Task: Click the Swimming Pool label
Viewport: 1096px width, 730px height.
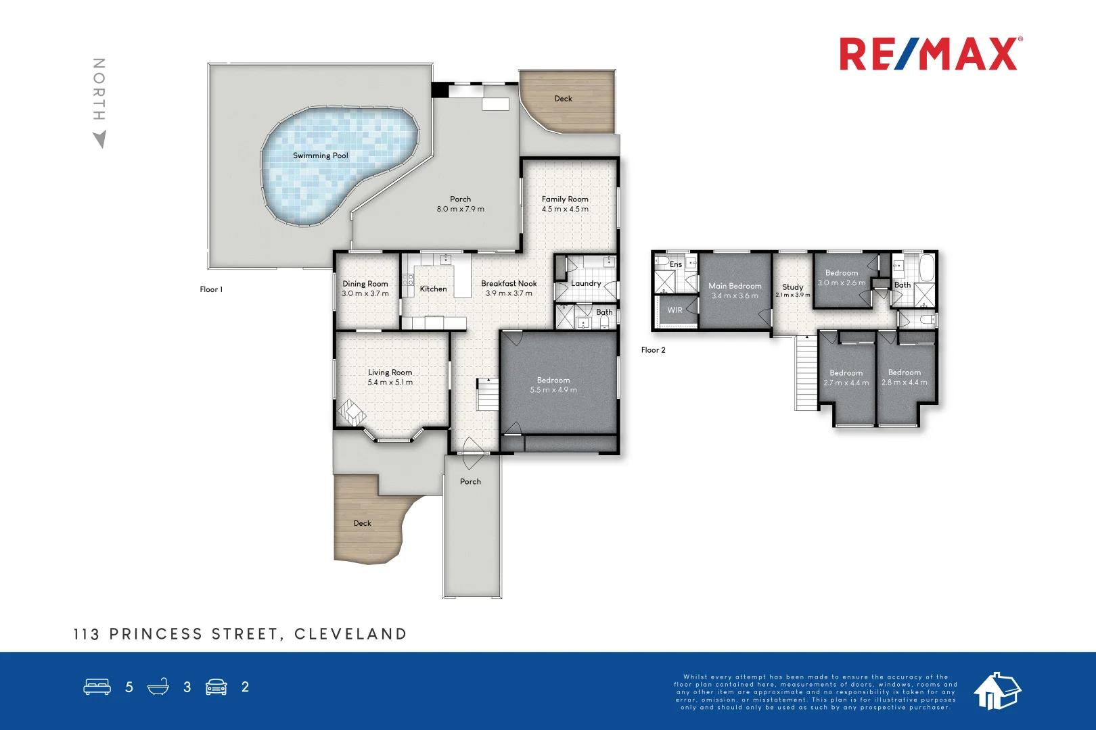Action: click(320, 155)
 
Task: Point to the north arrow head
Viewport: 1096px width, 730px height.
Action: click(100, 139)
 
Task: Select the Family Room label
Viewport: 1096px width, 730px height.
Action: click(565, 199)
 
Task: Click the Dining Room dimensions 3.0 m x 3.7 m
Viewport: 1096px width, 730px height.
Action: click(365, 293)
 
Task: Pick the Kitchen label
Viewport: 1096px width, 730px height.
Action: click(433, 289)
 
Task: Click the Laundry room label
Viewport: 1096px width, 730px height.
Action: click(586, 283)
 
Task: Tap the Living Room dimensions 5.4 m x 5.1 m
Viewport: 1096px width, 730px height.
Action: click(390, 382)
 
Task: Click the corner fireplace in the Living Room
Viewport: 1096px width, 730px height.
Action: click(351, 412)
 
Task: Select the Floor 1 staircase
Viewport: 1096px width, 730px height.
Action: click(488, 395)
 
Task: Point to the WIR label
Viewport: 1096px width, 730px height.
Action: click(675, 310)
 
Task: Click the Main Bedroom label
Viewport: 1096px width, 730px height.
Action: click(735, 286)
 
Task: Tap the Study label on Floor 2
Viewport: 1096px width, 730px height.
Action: click(792, 287)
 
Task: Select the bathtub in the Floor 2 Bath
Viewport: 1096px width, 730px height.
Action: click(926, 268)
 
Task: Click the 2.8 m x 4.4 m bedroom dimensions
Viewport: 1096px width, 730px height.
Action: click(905, 383)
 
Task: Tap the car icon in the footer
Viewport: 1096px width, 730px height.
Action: click(216, 687)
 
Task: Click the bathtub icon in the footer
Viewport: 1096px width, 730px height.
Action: click(158, 687)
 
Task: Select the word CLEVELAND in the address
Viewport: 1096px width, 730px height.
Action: click(350, 634)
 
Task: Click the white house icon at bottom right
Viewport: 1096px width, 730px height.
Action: click(997, 691)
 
